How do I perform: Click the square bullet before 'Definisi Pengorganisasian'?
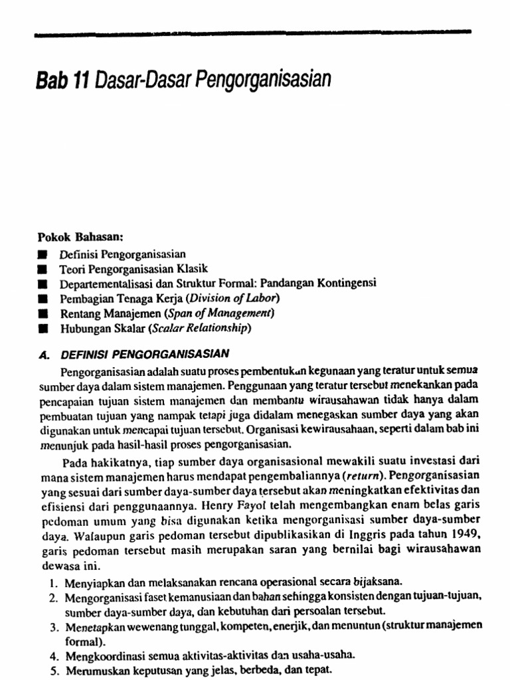(42, 254)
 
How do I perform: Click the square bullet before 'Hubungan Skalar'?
(42, 328)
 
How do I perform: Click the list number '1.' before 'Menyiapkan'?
(53, 582)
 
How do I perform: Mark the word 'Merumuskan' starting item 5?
(94, 669)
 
